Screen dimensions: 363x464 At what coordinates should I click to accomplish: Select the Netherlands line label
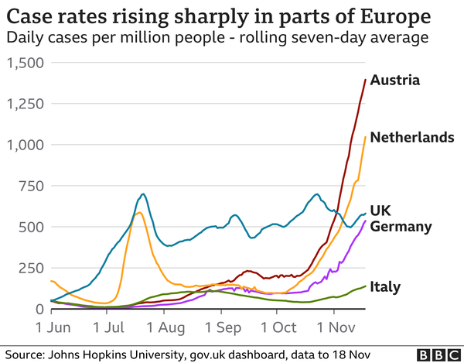tap(411, 138)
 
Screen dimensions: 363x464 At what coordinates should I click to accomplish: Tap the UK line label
tap(381, 210)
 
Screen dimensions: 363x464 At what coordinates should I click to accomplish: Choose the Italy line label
tap(386, 287)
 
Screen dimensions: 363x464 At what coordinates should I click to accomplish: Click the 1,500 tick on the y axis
tap(25, 63)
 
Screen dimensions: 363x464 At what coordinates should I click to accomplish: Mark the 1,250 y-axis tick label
tap(25, 104)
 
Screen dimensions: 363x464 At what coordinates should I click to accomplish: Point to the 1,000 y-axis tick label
tap(25, 145)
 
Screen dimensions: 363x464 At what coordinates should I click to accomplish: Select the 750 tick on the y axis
tap(31, 186)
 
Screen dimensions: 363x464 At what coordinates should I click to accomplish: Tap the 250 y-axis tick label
tap(31, 268)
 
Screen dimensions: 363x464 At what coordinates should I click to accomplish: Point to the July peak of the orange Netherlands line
tap(138, 212)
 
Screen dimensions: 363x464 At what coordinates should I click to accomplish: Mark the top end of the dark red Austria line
tap(365, 79)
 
